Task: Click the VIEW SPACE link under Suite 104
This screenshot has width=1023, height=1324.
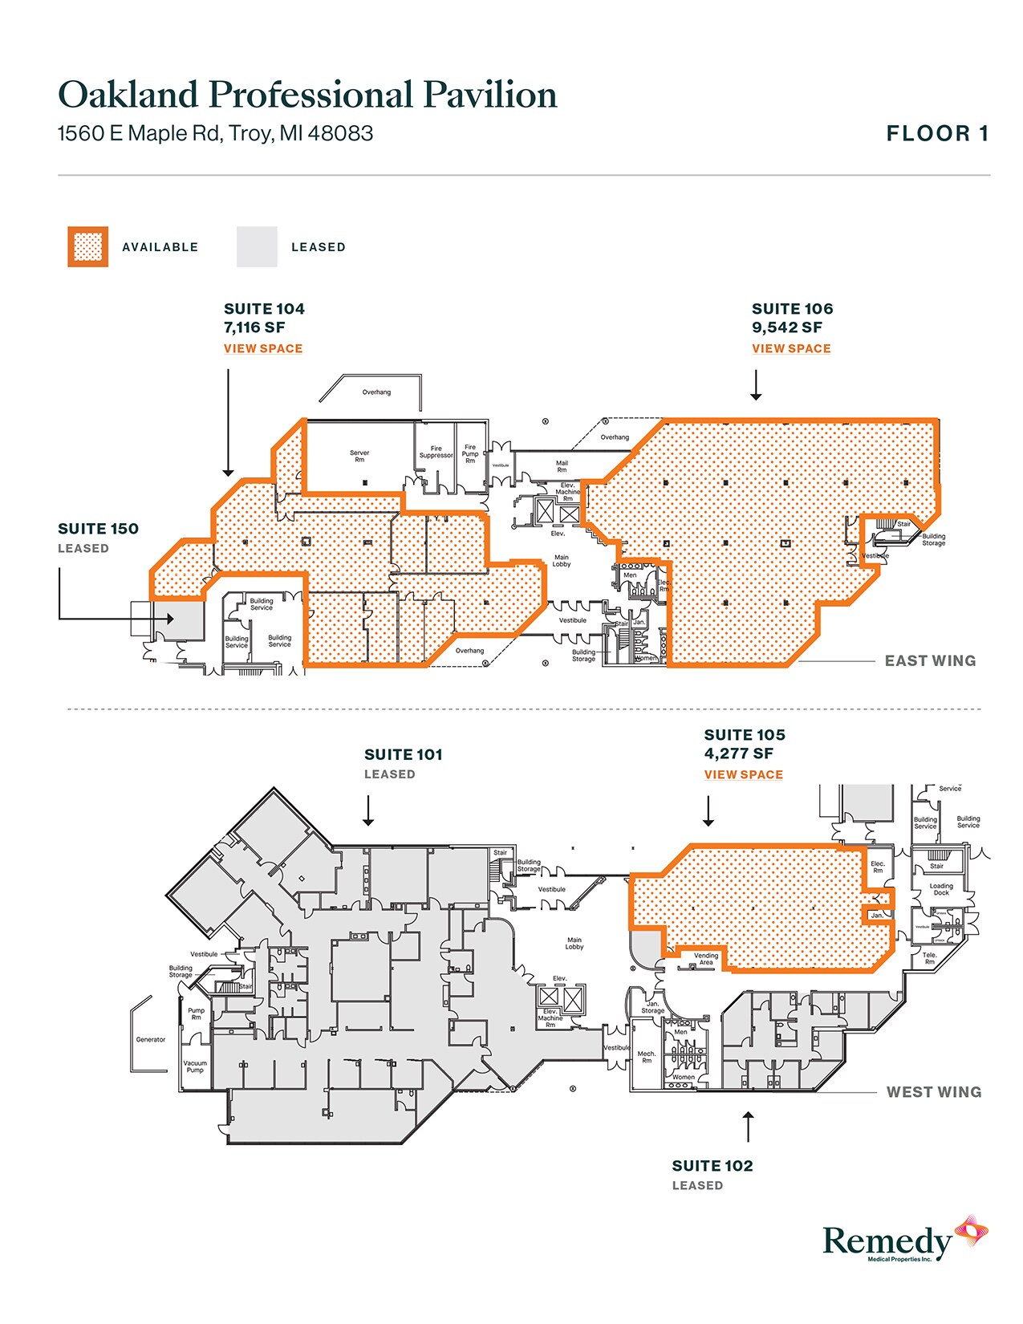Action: pyautogui.click(x=262, y=348)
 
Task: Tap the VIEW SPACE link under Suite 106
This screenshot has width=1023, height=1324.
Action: pyautogui.click(x=790, y=348)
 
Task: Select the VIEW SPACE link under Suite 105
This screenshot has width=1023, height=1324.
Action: pyautogui.click(x=743, y=774)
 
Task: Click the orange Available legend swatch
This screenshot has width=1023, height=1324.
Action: pyautogui.click(x=88, y=246)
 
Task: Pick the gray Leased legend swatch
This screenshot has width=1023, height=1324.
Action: pyautogui.click(x=257, y=246)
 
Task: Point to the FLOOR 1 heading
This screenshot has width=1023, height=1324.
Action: pyautogui.click(x=936, y=134)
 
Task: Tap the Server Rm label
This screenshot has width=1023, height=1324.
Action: pyautogui.click(x=359, y=456)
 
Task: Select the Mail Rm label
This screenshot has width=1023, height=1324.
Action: pyautogui.click(x=562, y=466)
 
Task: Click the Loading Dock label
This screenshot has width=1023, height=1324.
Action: pyautogui.click(x=941, y=889)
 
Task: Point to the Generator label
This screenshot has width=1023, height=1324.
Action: pyautogui.click(x=151, y=1039)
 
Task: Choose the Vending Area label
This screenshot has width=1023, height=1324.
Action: pyautogui.click(x=706, y=959)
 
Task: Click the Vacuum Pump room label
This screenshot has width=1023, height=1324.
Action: pyautogui.click(x=195, y=1066)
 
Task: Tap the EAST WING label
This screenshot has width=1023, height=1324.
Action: pyautogui.click(x=930, y=660)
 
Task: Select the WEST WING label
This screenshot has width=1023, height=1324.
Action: pyautogui.click(x=933, y=1092)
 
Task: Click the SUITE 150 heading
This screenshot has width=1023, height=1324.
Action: pyautogui.click(x=98, y=529)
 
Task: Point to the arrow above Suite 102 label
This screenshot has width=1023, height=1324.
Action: pyautogui.click(x=748, y=1127)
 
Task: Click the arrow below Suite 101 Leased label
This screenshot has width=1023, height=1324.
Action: pyautogui.click(x=368, y=810)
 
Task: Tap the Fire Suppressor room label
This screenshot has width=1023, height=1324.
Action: pyautogui.click(x=436, y=452)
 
